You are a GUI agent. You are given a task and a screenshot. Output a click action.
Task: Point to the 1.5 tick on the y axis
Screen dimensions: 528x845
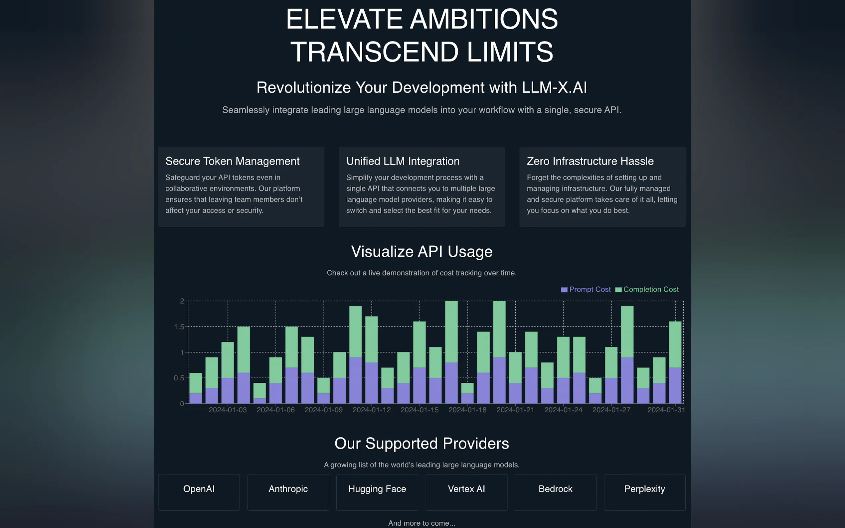pyautogui.click(x=179, y=327)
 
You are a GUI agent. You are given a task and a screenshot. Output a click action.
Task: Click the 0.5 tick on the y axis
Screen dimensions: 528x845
pyautogui.click(x=179, y=378)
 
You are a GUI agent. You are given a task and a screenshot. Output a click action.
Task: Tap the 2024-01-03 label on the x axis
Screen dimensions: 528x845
pyautogui.click(x=228, y=410)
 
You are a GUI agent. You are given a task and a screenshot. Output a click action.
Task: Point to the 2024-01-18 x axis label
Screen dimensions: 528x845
pyautogui.click(x=467, y=410)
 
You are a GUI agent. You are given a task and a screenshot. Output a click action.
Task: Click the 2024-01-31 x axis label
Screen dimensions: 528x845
pyautogui.click(x=666, y=410)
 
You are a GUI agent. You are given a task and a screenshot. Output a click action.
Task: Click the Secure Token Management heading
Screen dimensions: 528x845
pyautogui.click(x=232, y=161)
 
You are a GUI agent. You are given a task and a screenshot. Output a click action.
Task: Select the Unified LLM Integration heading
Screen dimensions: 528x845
pyautogui.click(x=403, y=161)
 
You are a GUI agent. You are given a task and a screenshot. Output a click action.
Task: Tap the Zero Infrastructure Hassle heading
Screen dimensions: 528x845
pyautogui.click(x=590, y=161)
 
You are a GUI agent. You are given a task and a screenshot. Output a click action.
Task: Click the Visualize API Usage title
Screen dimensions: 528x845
pyautogui.click(x=422, y=252)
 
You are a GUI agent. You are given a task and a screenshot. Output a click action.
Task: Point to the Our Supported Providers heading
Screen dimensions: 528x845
pyautogui.click(x=422, y=444)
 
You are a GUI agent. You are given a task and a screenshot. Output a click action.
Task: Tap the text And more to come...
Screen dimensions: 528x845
pyautogui.click(x=422, y=523)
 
